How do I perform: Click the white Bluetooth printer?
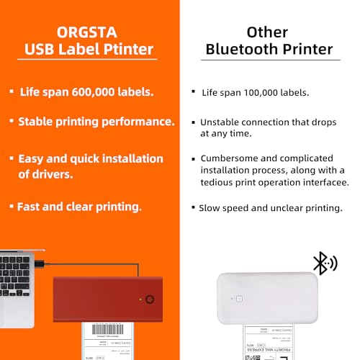[266, 300]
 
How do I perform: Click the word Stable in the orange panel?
[37, 122]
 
